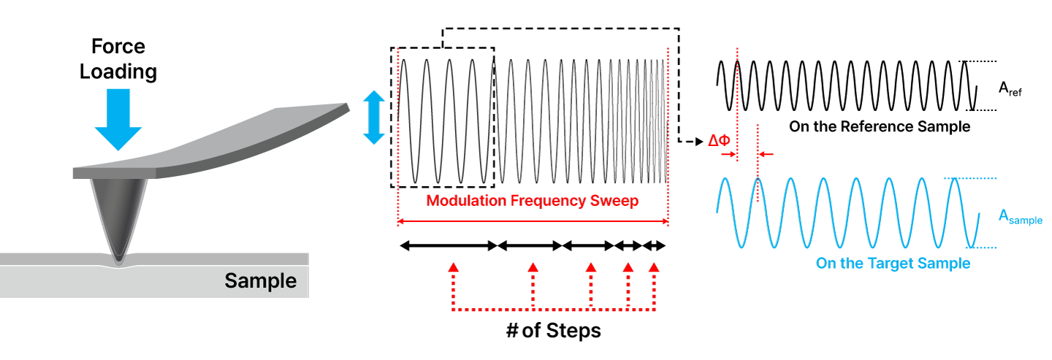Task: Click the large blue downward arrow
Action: [x=118, y=117]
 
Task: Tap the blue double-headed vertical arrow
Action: [x=373, y=117]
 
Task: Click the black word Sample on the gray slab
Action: [x=260, y=280]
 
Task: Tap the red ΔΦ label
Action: [x=719, y=141]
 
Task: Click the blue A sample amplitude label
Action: [x=1020, y=216]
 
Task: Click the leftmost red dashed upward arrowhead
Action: [x=453, y=267]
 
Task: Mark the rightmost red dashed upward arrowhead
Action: [x=654, y=267]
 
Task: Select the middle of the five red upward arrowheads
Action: [x=591, y=267]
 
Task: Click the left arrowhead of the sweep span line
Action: [x=401, y=221]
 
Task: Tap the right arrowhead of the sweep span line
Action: [x=665, y=221]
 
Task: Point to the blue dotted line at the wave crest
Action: [x=970, y=178]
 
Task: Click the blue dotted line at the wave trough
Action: [x=983, y=248]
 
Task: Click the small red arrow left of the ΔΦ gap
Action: [x=728, y=154]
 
